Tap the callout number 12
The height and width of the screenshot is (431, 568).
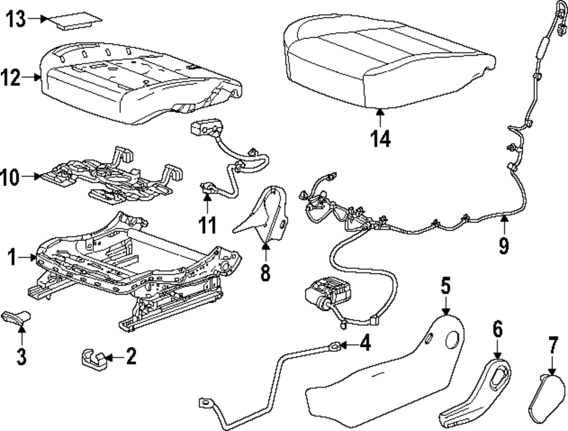click(x=16, y=78)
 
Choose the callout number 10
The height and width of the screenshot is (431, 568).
click(x=16, y=177)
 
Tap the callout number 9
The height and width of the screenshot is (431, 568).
click(x=504, y=245)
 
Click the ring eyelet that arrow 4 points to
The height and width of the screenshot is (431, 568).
click(x=336, y=345)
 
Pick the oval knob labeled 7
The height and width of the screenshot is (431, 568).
click(x=548, y=398)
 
